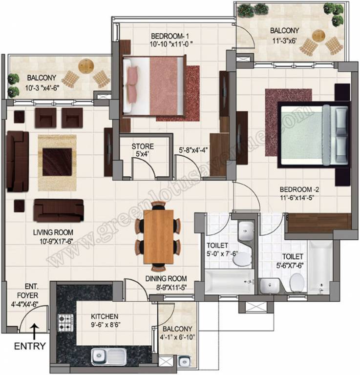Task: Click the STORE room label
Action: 142,146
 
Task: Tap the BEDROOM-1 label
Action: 170,36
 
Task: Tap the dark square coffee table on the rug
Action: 58,160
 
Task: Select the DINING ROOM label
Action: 166,279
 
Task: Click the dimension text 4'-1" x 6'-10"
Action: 177,337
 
